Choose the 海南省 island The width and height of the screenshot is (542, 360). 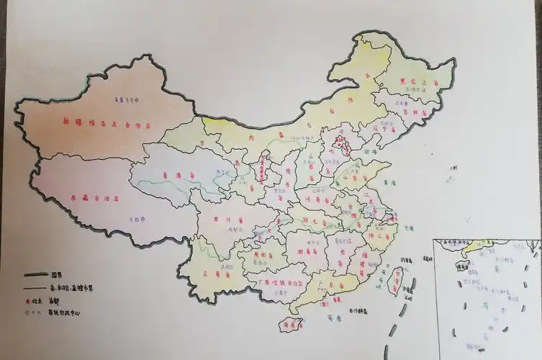coord(291,325)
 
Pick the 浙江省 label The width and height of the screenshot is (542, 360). coord(380,234)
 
